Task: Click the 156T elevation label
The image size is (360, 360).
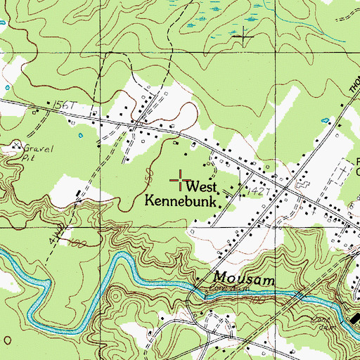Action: click(61, 104)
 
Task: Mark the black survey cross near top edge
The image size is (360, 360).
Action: click(245, 34)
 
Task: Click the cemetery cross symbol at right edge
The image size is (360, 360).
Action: click(344, 169)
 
